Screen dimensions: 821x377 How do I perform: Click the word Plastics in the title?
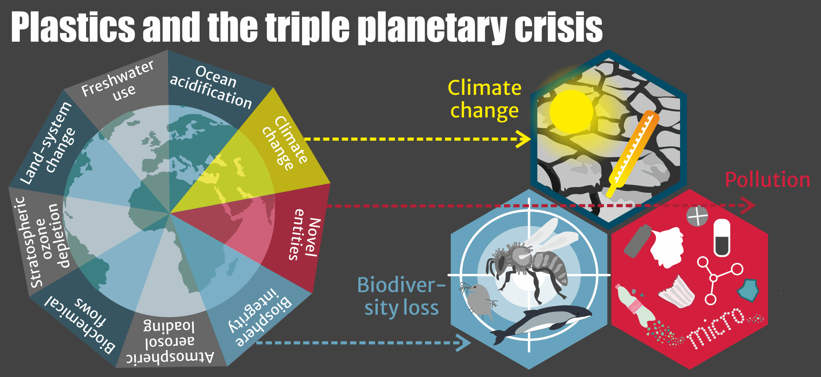point(73,27)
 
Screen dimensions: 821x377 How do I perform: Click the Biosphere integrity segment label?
point(260,317)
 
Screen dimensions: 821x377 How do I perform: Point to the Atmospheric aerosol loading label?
point(170,342)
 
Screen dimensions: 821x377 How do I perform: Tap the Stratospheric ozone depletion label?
point(44,242)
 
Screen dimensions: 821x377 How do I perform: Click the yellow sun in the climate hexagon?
point(571,112)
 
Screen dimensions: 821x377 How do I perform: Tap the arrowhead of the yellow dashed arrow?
point(525,139)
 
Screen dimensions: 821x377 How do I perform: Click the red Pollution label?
point(767,180)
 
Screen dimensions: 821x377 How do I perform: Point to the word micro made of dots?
point(716,327)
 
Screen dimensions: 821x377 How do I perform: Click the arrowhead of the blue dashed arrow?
point(464,342)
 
